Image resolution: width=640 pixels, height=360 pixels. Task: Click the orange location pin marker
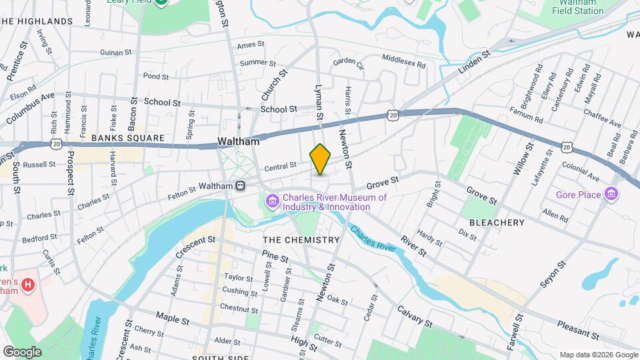(x=321, y=159)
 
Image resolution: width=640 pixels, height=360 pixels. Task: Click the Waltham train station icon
(x=240, y=186)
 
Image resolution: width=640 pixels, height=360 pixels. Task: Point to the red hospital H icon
(x=27, y=285)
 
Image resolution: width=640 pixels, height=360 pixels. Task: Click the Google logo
(x=22, y=351)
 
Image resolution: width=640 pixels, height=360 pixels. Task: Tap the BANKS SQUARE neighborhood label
(x=127, y=138)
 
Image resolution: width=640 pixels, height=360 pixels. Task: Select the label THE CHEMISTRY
(x=301, y=239)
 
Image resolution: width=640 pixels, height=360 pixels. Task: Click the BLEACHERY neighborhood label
(x=497, y=222)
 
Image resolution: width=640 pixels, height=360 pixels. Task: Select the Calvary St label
(x=415, y=316)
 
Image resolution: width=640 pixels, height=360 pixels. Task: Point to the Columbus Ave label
(x=30, y=109)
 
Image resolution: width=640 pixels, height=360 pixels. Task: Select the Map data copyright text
(x=597, y=354)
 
